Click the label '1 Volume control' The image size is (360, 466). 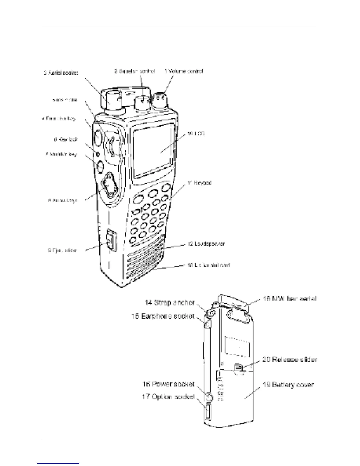pyautogui.click(x=184, y=71)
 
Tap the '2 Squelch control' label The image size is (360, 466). pyautogui.click(x=134, y=71)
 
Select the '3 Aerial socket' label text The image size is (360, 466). pyautogui.click(x=61, y=73)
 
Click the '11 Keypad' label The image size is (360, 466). pyautogui.click(x=199, y=183)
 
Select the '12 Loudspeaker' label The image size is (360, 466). pyautogui.click(x=206, y=244)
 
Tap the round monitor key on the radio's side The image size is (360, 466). pyautogui.click(x=100, y=166)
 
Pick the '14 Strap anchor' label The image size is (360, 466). pyautogui.click(x=170, y=302)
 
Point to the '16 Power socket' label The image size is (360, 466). pyautogui.click(x=168, y=384)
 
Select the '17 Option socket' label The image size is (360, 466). pyautogui.click(x=168, y=397)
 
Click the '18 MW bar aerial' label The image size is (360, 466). pyautogui.click(x=290, y=298)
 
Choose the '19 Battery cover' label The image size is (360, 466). pyautogui.click(x=288, y=385)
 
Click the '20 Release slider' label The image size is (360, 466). pyautogui.click(x=289, y=360)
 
